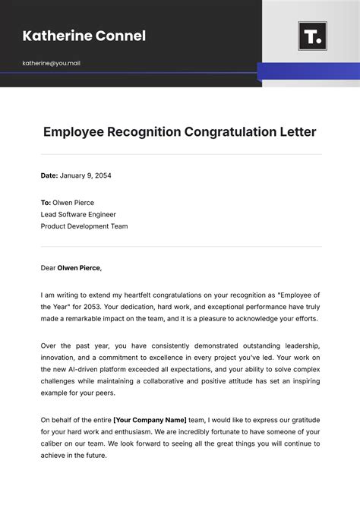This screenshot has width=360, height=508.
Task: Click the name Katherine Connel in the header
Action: click(x=84, y=36)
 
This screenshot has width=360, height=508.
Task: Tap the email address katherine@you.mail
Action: click(x=51, y=63)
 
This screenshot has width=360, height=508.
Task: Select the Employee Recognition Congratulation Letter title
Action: click(x=180, y=132)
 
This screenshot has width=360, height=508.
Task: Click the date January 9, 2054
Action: click(x=86, y=175)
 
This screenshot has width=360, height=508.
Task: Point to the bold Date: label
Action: click(x=49, y=175)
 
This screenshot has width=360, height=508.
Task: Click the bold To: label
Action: click(x=46, y=203)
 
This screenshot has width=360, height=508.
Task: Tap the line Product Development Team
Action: click(x=84, y=226)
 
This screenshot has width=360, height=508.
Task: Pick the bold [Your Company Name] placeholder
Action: click(x=150, y=419)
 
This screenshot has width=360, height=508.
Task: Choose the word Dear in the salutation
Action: click(x=48, y=267)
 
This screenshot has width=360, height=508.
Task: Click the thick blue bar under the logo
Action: click(x=308, y=71)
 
